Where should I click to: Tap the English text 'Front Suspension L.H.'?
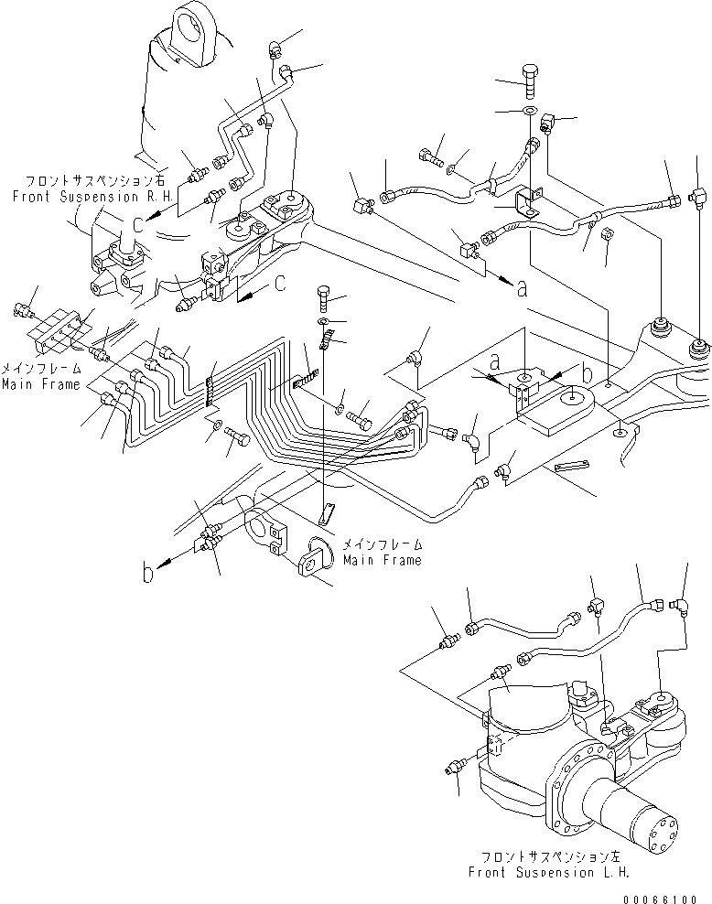point(548,872)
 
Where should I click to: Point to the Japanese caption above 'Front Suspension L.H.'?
point(548,857)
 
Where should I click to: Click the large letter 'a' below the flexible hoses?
point(522,289)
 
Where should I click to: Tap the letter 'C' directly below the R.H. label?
point(136,223)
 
